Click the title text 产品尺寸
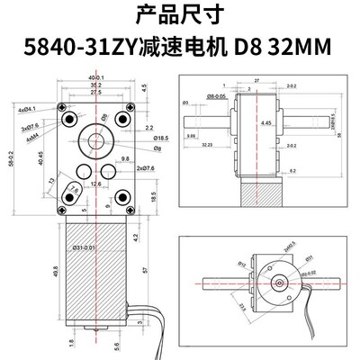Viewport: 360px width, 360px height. [x=179, y=13]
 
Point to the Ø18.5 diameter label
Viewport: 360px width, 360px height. [x=136, y=139]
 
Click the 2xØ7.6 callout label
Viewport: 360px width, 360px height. [x=142, y=166]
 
